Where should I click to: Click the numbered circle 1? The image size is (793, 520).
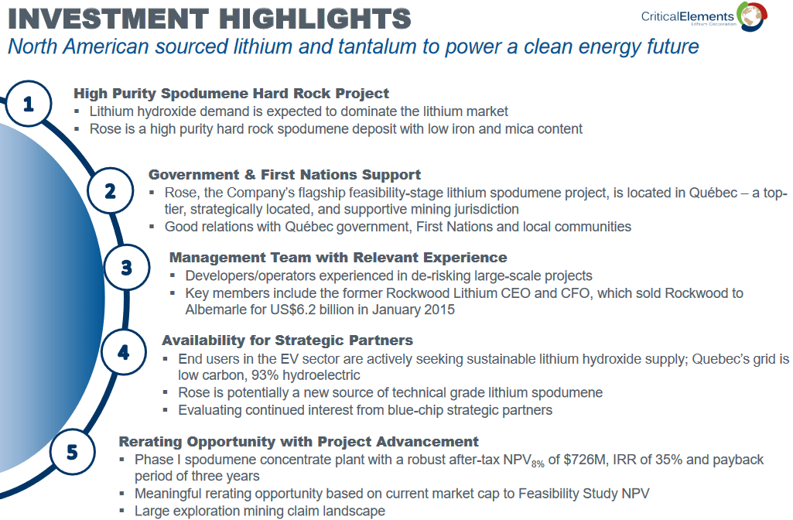tap(29, 103)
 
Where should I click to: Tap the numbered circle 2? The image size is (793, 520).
tap(110, 190)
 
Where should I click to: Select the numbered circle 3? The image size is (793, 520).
tap(127, 268)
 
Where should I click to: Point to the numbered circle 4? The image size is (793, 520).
tap(124, 353)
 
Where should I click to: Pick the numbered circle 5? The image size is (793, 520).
tap(72, 451)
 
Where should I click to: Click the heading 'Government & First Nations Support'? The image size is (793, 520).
tap(285, 174)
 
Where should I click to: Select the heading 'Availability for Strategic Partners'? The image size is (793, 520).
tap(287, 340)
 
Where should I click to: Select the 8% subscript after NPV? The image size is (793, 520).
tap(537, 464)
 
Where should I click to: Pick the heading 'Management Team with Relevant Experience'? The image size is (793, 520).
tap(338, 257)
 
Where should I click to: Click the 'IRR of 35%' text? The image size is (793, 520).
tap(658, 460)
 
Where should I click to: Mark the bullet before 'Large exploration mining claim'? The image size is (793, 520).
tap(123, 511)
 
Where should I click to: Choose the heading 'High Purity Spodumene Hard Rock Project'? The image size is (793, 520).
tap(231, 94)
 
